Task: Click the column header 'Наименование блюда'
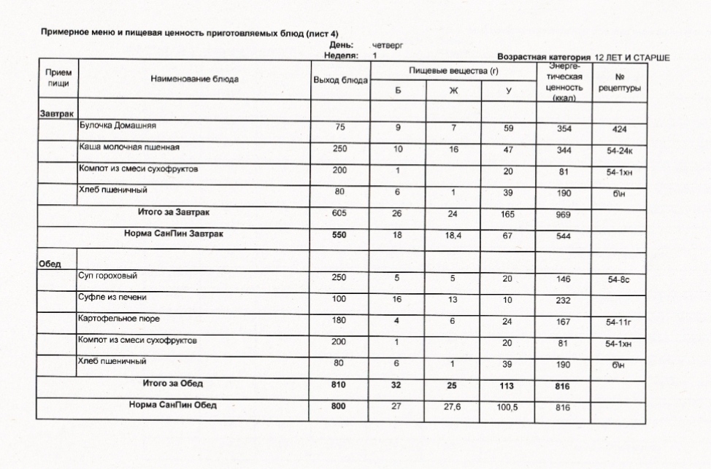[x=194, y=79]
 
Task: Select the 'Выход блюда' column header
[x=339, y=80]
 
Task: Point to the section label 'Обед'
[x=50, y=263]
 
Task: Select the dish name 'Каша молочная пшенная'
[x=129, y=147]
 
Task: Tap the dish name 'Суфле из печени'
[x=112, y=298]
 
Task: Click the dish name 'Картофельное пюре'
[x=119, y=319]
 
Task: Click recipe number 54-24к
[x=620, y=151]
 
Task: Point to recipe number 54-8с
[x=619, y=279]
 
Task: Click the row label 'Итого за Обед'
[x=172, y=384]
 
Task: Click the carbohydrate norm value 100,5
[x=507, y=408]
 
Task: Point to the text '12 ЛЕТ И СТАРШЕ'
[x=632, y=56]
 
